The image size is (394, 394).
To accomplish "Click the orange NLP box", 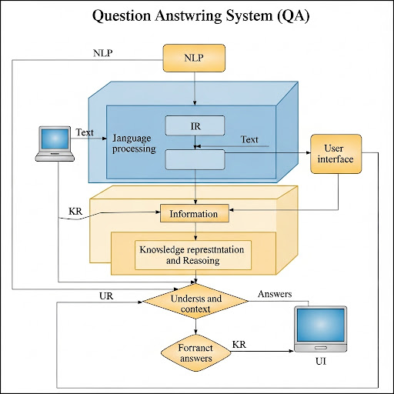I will point(194,58).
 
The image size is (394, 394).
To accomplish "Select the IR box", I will point(195,125).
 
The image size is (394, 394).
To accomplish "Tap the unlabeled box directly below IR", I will point(195,159).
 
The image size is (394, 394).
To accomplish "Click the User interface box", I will point(336,153).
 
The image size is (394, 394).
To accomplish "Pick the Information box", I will point(195,213).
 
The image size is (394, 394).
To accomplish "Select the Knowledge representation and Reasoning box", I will point(194,255).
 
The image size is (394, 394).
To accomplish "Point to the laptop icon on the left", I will point(56,144).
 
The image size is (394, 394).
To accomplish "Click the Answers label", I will point(275,294).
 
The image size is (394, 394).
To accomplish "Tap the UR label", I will point(108,295).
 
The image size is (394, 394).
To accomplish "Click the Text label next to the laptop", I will point(85,132).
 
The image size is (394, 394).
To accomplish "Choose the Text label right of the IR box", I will point(250,139).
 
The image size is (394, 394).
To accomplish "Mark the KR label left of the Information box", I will point(76,209).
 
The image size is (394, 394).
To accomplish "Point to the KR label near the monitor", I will point(239,343).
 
